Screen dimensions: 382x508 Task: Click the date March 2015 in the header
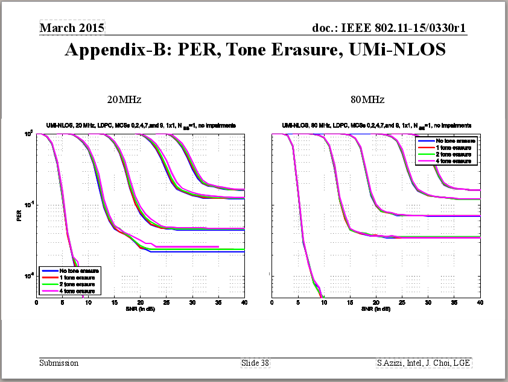(x=72, y=28)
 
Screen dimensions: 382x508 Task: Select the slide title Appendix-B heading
(x=255, y=50)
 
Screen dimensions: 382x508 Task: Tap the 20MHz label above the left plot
(x=124, y=99)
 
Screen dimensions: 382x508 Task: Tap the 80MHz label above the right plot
(x=367, y=99)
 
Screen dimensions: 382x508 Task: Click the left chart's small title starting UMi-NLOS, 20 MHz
(x=140, y=125)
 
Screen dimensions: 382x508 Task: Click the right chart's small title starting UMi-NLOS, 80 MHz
(x=376, y=125)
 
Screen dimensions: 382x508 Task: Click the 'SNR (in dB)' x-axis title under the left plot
(x=140, y=309)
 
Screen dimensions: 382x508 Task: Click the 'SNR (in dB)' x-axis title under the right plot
(x=376, y=309)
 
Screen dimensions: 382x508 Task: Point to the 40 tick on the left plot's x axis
(x=244, y=302)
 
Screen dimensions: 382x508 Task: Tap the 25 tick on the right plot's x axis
(x=402, y=302)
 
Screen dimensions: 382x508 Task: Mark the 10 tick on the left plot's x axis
(x=89, y=302)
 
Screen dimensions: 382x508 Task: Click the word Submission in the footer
(x=59, y=363)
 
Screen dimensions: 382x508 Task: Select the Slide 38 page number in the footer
(x=255, y=363)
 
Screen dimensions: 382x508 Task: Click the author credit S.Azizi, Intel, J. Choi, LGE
(x=424, y=363)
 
